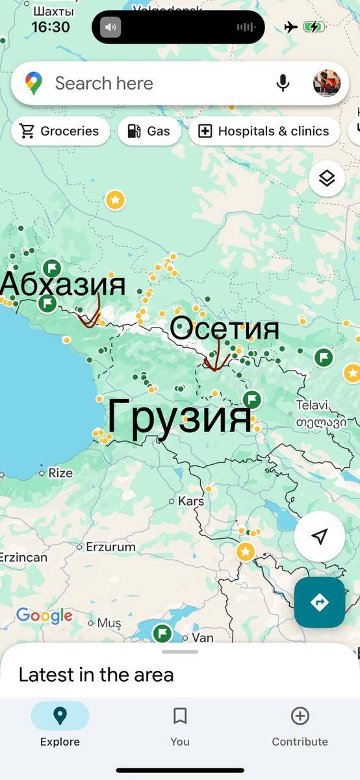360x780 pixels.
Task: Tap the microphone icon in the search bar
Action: (x=283, y=83)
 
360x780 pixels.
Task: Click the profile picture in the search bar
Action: (x=326, y=83)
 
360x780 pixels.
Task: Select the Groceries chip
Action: (x=60, y=131)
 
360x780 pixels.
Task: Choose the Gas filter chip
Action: (x=149, y=131)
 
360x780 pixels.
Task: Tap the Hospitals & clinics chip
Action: (x=264, y=131)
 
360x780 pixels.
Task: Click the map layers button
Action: (x=326, y=178)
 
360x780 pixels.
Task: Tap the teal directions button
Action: (x=319, y=603)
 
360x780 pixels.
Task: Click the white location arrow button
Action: (x=319, y=536)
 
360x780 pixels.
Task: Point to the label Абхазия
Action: (x=63, y=285)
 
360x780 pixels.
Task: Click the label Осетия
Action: (x=225, y=330)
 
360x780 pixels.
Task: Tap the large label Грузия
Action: (x=179, y=416)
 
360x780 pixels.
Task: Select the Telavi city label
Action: (x=312, y=405)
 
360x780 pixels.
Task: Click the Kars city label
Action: (x=190, y=501)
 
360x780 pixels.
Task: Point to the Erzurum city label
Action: (x=110, y=547)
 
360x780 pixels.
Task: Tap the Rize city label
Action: (x=60, y=473)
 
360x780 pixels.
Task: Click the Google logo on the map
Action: (x=44, y=616)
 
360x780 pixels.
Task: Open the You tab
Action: (x=180, y=726)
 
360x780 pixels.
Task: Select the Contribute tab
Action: (x=300, y=726)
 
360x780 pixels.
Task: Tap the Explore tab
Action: (x=60, y=726)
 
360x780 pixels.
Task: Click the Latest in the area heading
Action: (x=96, y=675)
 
